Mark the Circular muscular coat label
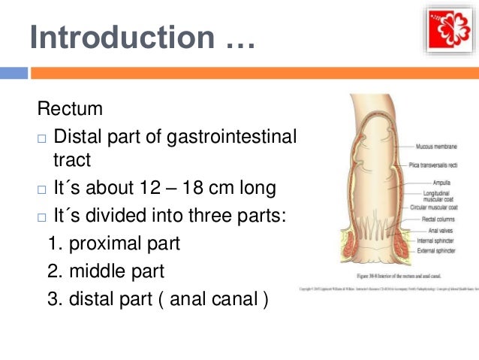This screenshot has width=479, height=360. [438, 205]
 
